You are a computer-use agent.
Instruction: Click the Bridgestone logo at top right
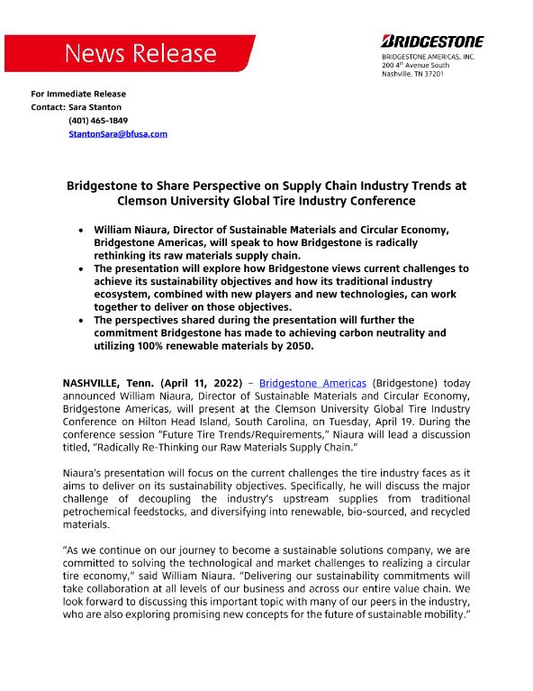pos(432,41)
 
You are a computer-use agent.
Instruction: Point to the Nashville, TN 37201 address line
pos(412,74)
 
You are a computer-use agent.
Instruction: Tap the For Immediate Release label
pos(78,94)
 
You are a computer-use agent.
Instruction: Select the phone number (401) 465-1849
pos(98,120)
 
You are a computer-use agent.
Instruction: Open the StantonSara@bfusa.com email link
pos(118,133)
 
